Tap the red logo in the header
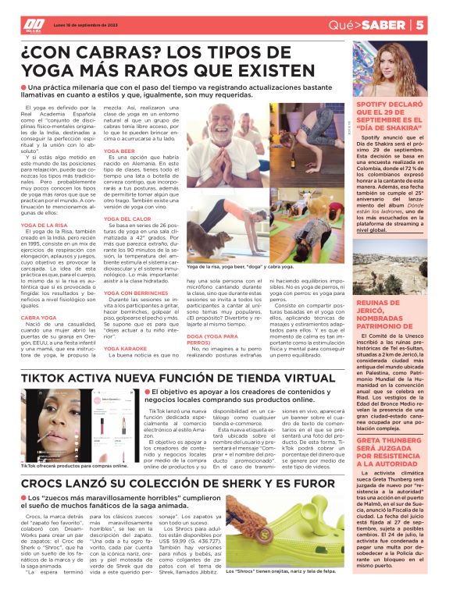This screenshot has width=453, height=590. click(x=34, y=25)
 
